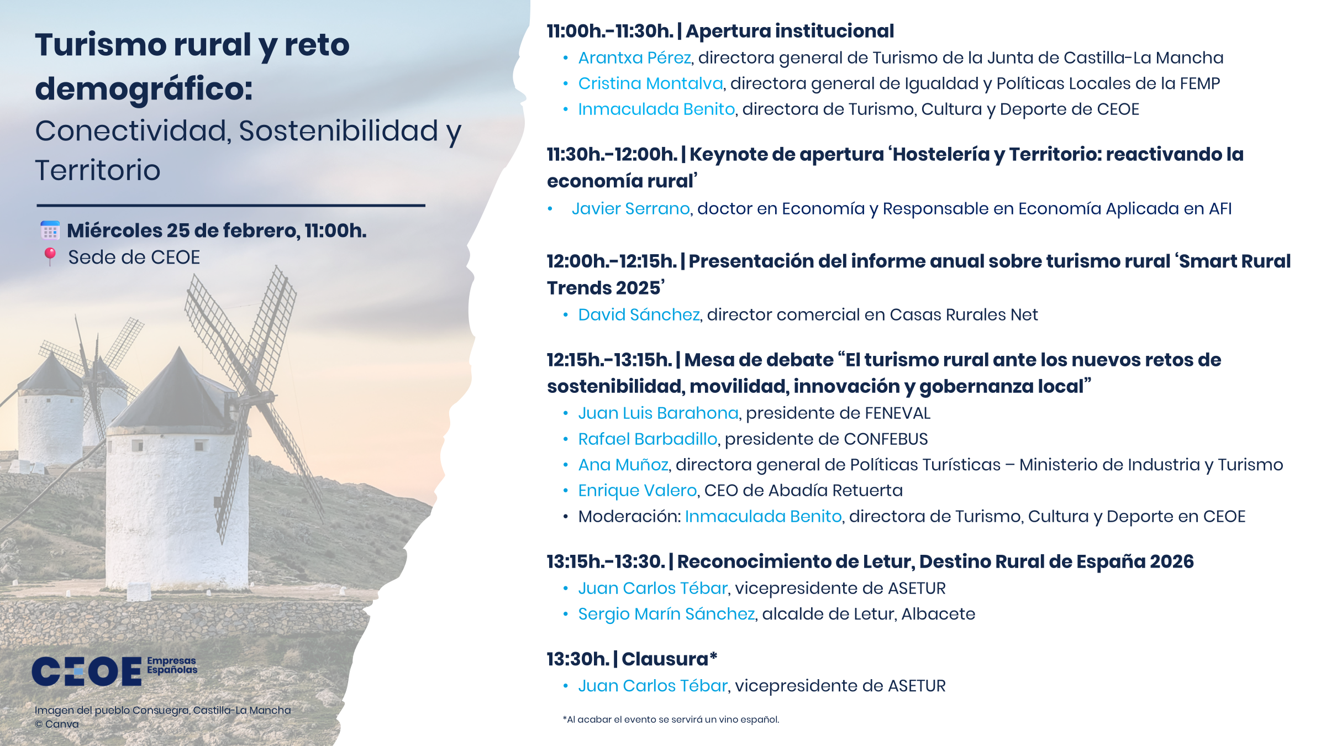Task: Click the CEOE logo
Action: pos(114,671)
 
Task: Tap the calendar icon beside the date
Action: pos(50,230)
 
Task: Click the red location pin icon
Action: pos(50,256)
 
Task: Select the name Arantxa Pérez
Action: pos(634,57)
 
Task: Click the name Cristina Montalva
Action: pos(650,83)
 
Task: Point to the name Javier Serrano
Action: pos(630,208)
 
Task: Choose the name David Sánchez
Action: pos(639,314)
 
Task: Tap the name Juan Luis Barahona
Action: pos(658,413)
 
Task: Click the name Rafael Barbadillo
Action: pos(648,439)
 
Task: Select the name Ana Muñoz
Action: pos(623,465)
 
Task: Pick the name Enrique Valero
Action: pos(637,490)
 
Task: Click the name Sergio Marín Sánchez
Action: pos(666,614)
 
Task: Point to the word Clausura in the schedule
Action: pos(665,659)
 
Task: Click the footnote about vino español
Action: pos(671,719)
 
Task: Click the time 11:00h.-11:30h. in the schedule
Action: pos(610,31)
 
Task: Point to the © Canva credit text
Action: pos(57,724)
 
